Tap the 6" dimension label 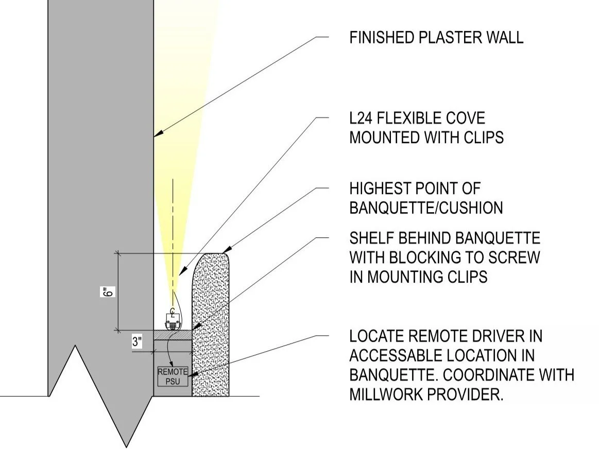coord(107,291)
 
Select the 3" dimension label coord(137,342)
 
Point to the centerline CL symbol coord(173,310)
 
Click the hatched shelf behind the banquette coord(173,334)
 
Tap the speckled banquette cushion coord(211,330)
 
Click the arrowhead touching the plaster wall coord(157,135)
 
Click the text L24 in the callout coord(363,118)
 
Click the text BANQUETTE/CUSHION coord(426,208)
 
